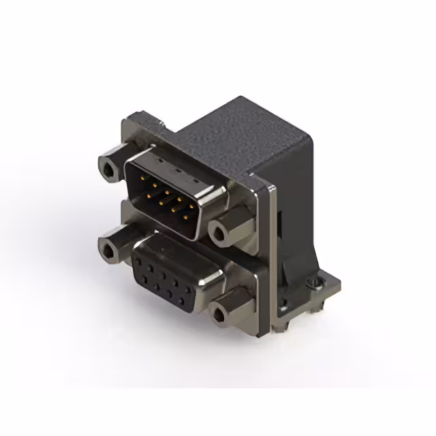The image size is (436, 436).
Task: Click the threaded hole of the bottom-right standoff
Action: (x=220, y=314)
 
